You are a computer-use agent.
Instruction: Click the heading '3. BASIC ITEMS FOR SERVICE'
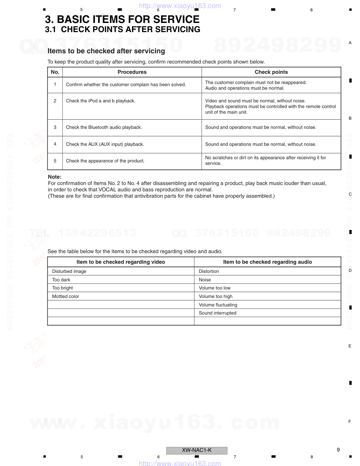[x=122, y=19]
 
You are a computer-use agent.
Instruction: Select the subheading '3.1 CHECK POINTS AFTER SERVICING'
[x=122, y=30]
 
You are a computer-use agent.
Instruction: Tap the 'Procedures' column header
[x=132, y=72]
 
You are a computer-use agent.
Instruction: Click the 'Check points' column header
[x=271, y=72]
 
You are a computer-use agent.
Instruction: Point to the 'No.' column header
[x=55, y=72]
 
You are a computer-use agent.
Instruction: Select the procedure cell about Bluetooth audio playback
[x=104, y=127]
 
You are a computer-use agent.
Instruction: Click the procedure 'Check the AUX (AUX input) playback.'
[x=105, y=144]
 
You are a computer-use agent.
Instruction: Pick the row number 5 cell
[x=55, y=161]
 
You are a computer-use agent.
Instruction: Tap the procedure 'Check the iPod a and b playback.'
[x=101, y=101]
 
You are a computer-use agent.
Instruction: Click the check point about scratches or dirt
[x=265, y=161]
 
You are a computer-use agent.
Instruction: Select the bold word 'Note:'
[x=55, y=177]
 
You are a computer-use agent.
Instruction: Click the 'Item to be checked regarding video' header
[x=121, y=262]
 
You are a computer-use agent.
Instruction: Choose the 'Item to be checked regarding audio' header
[x=267, y=262]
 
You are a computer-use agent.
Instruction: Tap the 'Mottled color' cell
[x=66, y=297]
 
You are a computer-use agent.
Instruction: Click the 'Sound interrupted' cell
[x=217, y=313]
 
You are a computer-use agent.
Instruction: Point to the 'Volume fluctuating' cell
[x=218, y=305]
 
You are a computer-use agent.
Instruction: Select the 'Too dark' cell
[x=61, y=280]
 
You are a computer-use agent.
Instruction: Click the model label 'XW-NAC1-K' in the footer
[x=197, y=450]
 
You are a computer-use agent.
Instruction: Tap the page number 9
[x=338, y=450]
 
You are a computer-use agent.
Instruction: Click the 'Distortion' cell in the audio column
[x=209, y=271]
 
